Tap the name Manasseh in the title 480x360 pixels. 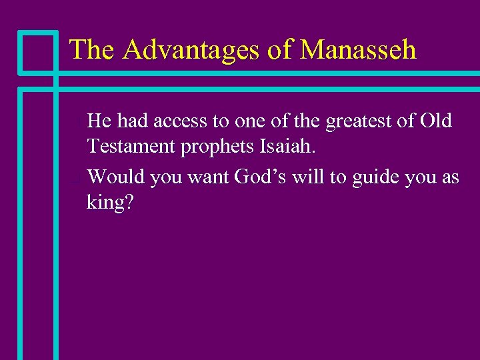click(x=358, y=49)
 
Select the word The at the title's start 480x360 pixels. click(x=92, y=49)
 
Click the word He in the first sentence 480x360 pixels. click(x=99, y=121)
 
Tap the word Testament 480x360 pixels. click(x=131, y=146)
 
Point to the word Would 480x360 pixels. click(x=116, y=177)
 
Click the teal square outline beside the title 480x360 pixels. click(x=37, y=51)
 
